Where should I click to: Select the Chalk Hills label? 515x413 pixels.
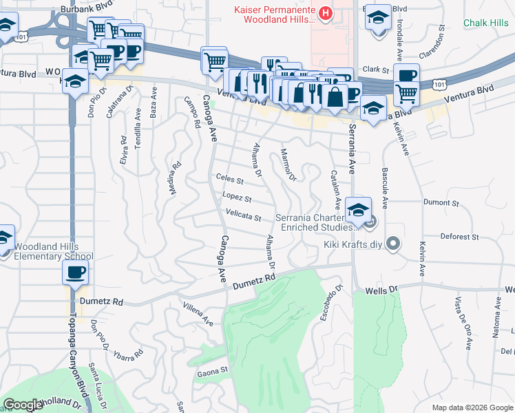click(486, 23)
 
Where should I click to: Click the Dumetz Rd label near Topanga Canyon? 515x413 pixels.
click(99, 301)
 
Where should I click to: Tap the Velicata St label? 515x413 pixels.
click(243, 218)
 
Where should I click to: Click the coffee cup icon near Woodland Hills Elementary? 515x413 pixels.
click(74, 273)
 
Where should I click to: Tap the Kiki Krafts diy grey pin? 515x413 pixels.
click(393, 244)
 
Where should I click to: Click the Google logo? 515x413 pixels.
click(23, 405)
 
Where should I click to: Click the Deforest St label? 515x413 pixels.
click(459, 237)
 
